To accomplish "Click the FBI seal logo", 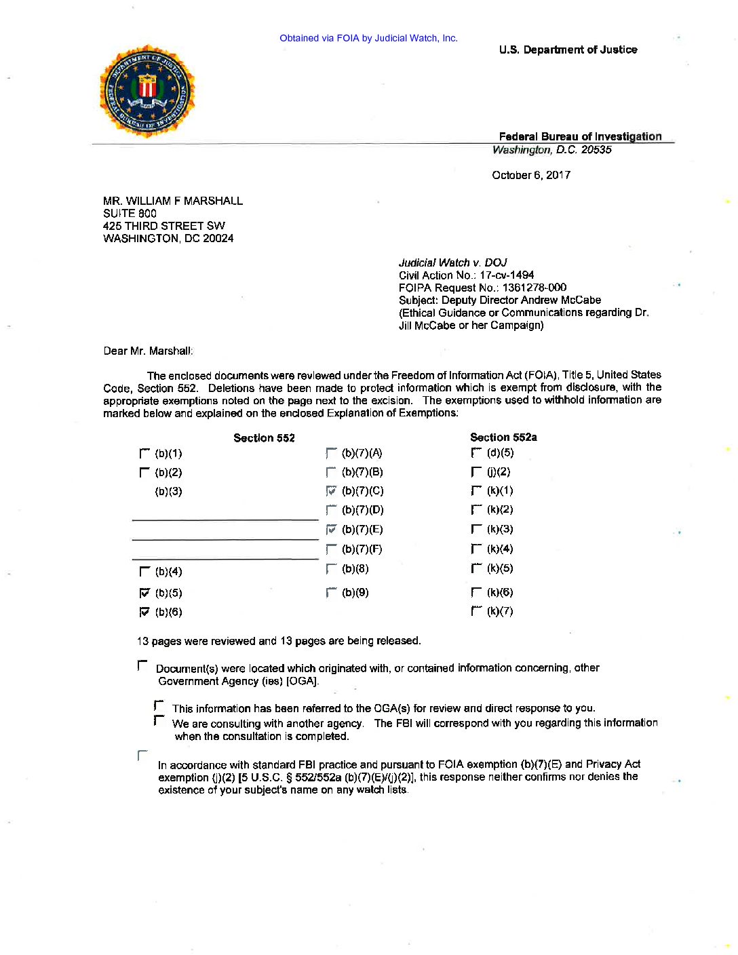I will (147, 91).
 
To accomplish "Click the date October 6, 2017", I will (531, 175).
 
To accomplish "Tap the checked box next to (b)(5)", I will (144, 593).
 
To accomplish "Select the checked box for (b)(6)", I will (144, 612).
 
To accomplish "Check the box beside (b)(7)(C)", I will (331, 490).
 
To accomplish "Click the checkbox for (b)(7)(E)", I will (331, 529).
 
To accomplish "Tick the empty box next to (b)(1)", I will (144, 453).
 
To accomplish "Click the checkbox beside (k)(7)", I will (476, 611).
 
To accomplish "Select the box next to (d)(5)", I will (476, 452).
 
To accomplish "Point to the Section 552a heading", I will (503, 437).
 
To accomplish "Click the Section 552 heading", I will (264, 438).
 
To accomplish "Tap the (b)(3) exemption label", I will (168, 491).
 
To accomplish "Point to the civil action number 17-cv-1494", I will (507, 275).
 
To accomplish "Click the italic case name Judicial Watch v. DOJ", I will (452, 262).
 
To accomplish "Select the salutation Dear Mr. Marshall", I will (148, 351).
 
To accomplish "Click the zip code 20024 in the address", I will (218, 238).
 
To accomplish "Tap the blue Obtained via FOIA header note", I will (368, 38).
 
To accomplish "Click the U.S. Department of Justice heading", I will (568, 50).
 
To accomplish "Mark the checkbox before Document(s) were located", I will (142, 665).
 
